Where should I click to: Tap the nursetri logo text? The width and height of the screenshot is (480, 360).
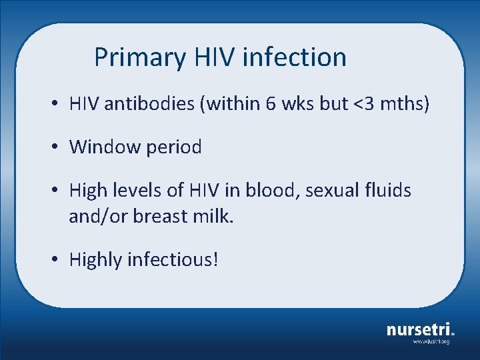point(420,329)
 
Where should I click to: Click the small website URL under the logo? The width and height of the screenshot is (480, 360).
point(431,341)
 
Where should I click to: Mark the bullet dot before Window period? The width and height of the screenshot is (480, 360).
point(59,147)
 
